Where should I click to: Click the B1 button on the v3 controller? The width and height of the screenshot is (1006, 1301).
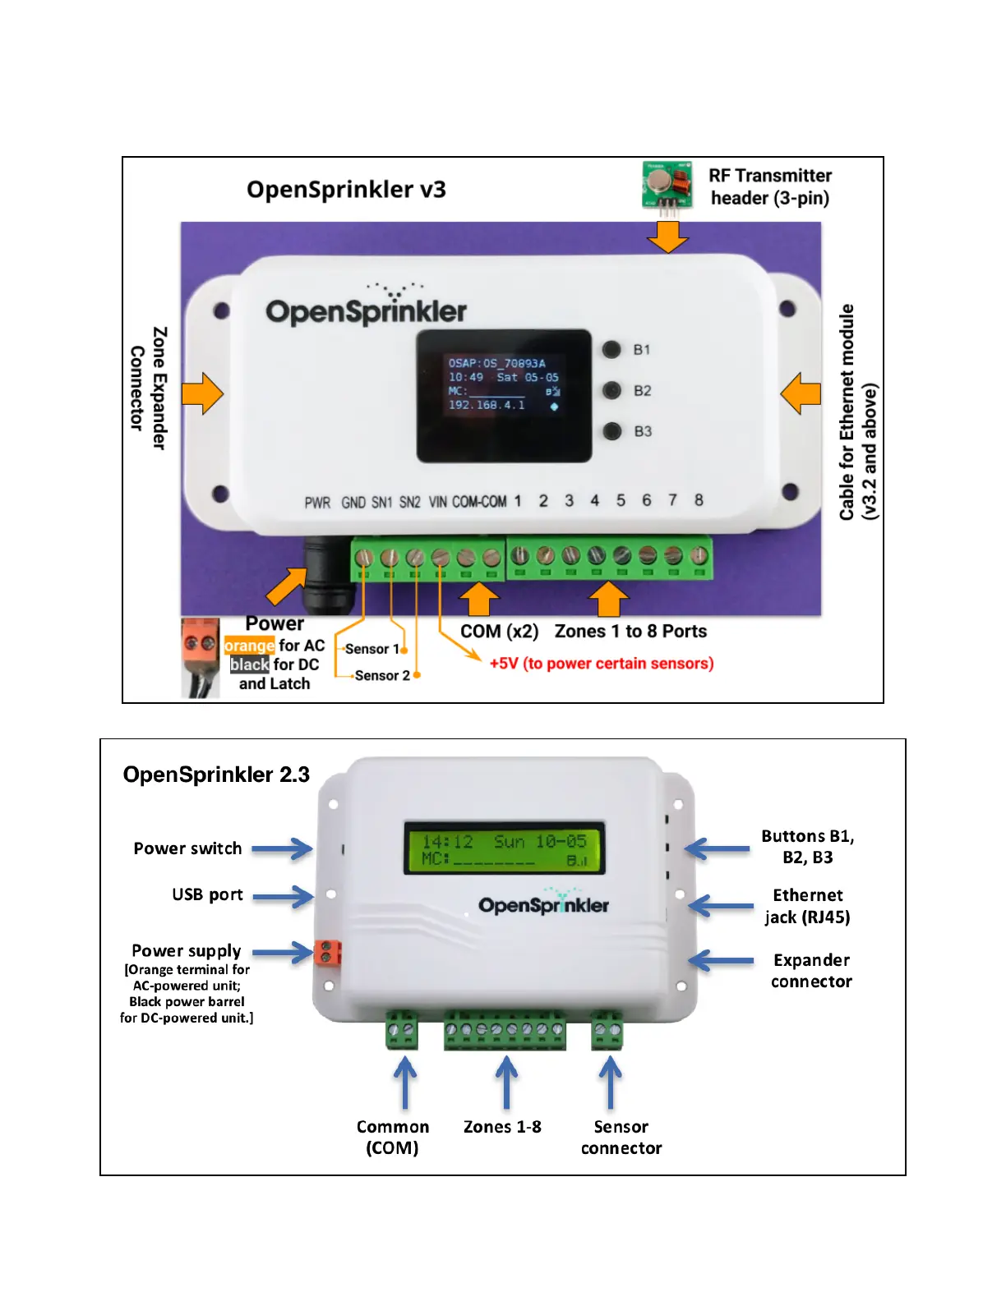pyautogui.click(x=611, y=350)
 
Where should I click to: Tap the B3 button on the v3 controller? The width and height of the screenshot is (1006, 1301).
pyautogui.click(x=611, y=431)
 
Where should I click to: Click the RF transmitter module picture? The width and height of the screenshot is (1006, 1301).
pyautogui.click(x=667, y=187)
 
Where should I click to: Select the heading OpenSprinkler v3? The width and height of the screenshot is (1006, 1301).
pyautogui.click(x=346, y=190)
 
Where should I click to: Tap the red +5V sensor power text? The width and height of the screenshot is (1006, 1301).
pyautogui.click(x=601, y=664)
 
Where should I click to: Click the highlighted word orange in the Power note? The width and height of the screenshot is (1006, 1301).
pyautogui.click(x=249, y=646)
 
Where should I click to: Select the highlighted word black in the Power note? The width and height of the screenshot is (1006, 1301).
pyautogui.click(x=249, y=664)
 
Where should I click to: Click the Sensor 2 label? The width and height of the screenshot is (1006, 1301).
pyautogui.click(x=382, y=675)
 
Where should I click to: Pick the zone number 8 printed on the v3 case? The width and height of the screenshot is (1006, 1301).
pyautogui.click(x=699, y=500)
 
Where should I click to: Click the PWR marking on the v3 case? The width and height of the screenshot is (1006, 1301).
pyautogui.click(x=317, y=503)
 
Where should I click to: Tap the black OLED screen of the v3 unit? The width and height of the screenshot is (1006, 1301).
pyautogui.click(x=504, y=396)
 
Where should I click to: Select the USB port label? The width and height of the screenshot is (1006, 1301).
pyautogui.click(x=207, y=894)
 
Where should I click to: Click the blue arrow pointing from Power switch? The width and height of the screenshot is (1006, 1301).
pyautogui.click(x=282, y=848)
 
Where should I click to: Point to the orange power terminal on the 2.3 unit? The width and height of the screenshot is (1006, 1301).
pyautogui.click(x=327, y=954)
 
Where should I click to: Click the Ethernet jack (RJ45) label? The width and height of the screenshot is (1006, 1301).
pyautogui.click(x=807, y=906)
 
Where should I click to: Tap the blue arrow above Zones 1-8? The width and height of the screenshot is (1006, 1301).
pyautogui.click(x=506, y=1081)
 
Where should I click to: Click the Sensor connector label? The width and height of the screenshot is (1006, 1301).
pyautogui.click(x=621, y=1138)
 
